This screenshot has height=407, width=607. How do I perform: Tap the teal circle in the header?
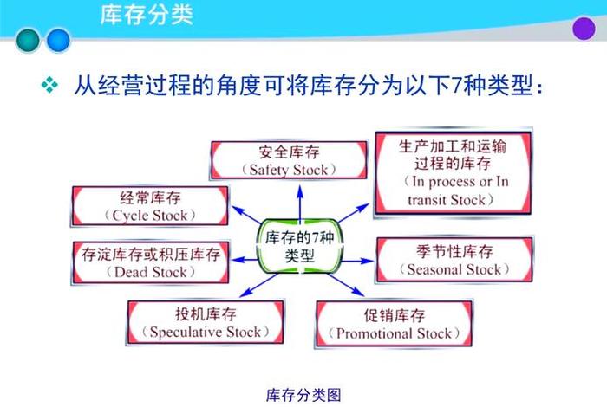coord(29,39)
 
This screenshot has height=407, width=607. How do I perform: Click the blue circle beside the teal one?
coord(58,39)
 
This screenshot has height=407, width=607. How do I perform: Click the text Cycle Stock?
coord(149,214)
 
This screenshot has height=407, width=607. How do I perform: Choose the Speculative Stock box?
coord(205,322)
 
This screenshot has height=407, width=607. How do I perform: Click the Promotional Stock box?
coord(394,324)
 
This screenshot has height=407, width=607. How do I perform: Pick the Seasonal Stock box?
coord(454,260)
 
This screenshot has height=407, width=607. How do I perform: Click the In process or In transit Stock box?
coord(453,173)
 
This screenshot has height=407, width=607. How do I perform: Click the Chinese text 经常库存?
coord(149,197)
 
